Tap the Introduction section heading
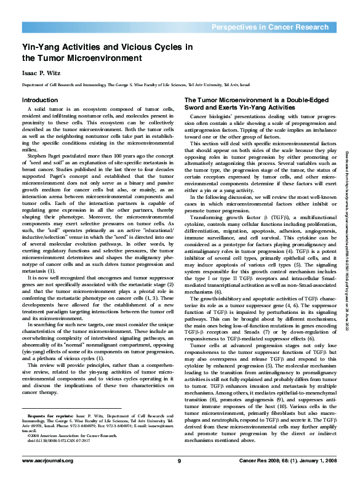40,100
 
